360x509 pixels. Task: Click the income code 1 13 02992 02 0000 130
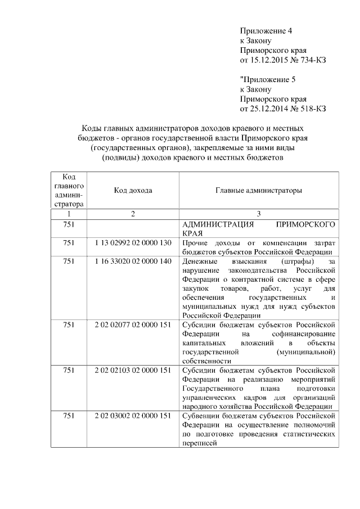click(133, 242)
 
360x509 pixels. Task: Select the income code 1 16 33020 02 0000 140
click(133, 262)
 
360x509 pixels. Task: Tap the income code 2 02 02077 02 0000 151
click(133, 325)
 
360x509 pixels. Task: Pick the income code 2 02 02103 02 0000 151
click(133, 370)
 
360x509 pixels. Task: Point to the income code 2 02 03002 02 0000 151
click(133, 416)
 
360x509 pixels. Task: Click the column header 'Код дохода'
click(133, 191)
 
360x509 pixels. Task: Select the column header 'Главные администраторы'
click(259, 191)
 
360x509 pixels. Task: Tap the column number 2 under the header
click(133, 214)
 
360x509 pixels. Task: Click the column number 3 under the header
click(259, 214)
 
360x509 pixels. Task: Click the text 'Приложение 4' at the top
click(266, 30)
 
